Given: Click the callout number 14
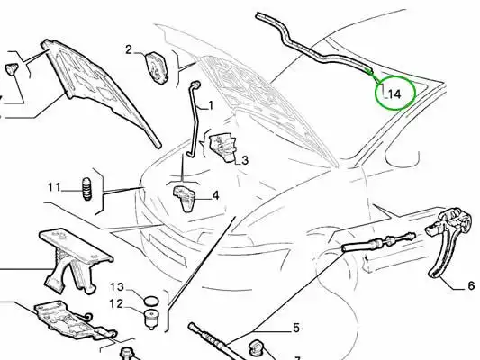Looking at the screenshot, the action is point(394,94).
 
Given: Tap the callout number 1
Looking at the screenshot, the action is point(211,106).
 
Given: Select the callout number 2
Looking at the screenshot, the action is point(129,49).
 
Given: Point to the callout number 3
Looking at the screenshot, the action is point(245,160).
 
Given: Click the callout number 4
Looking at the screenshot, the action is point(215,195).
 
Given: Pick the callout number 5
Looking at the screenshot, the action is point(295,328).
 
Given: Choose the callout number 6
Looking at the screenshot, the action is point(471,285).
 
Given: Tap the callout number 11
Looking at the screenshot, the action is point(54,187).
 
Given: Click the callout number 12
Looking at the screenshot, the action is point(116,303).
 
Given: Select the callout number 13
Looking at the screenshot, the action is point(117,287).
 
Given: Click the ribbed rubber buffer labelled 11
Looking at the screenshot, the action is point(87,189).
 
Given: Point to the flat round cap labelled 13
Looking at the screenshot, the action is point(151,301).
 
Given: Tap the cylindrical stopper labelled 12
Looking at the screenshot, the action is point(151,319).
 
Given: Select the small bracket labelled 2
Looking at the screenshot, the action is point(157,67).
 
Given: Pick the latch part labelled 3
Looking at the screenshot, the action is point(223,147).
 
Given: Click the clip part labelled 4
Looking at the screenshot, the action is point(186,198).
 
